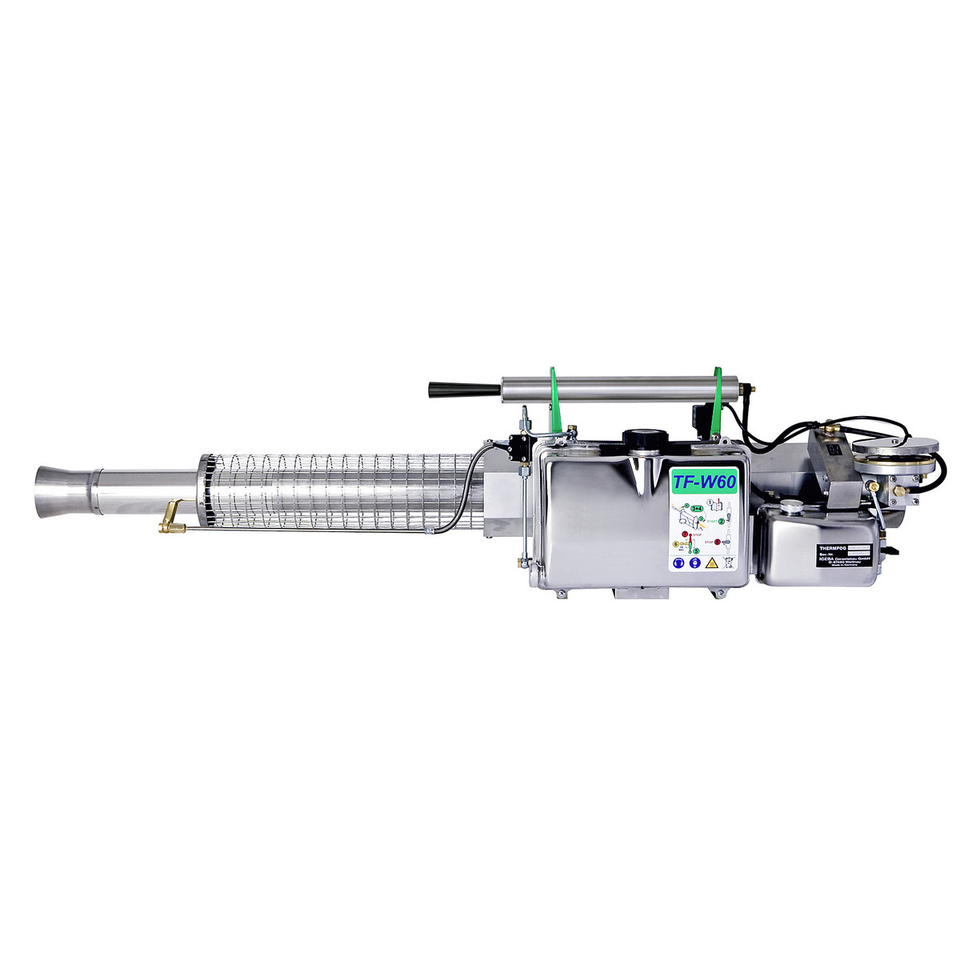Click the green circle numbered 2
pyautogui.click(x=722, y=521)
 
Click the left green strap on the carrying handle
pyautogui.click(x=558, y=400)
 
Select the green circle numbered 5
pyautogui.click(x=696, y=551)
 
